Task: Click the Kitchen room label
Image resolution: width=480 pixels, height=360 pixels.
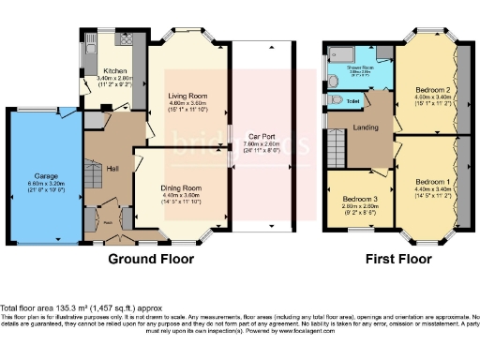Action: pos(116,70)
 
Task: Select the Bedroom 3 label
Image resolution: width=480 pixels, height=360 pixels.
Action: pos(360,200)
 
